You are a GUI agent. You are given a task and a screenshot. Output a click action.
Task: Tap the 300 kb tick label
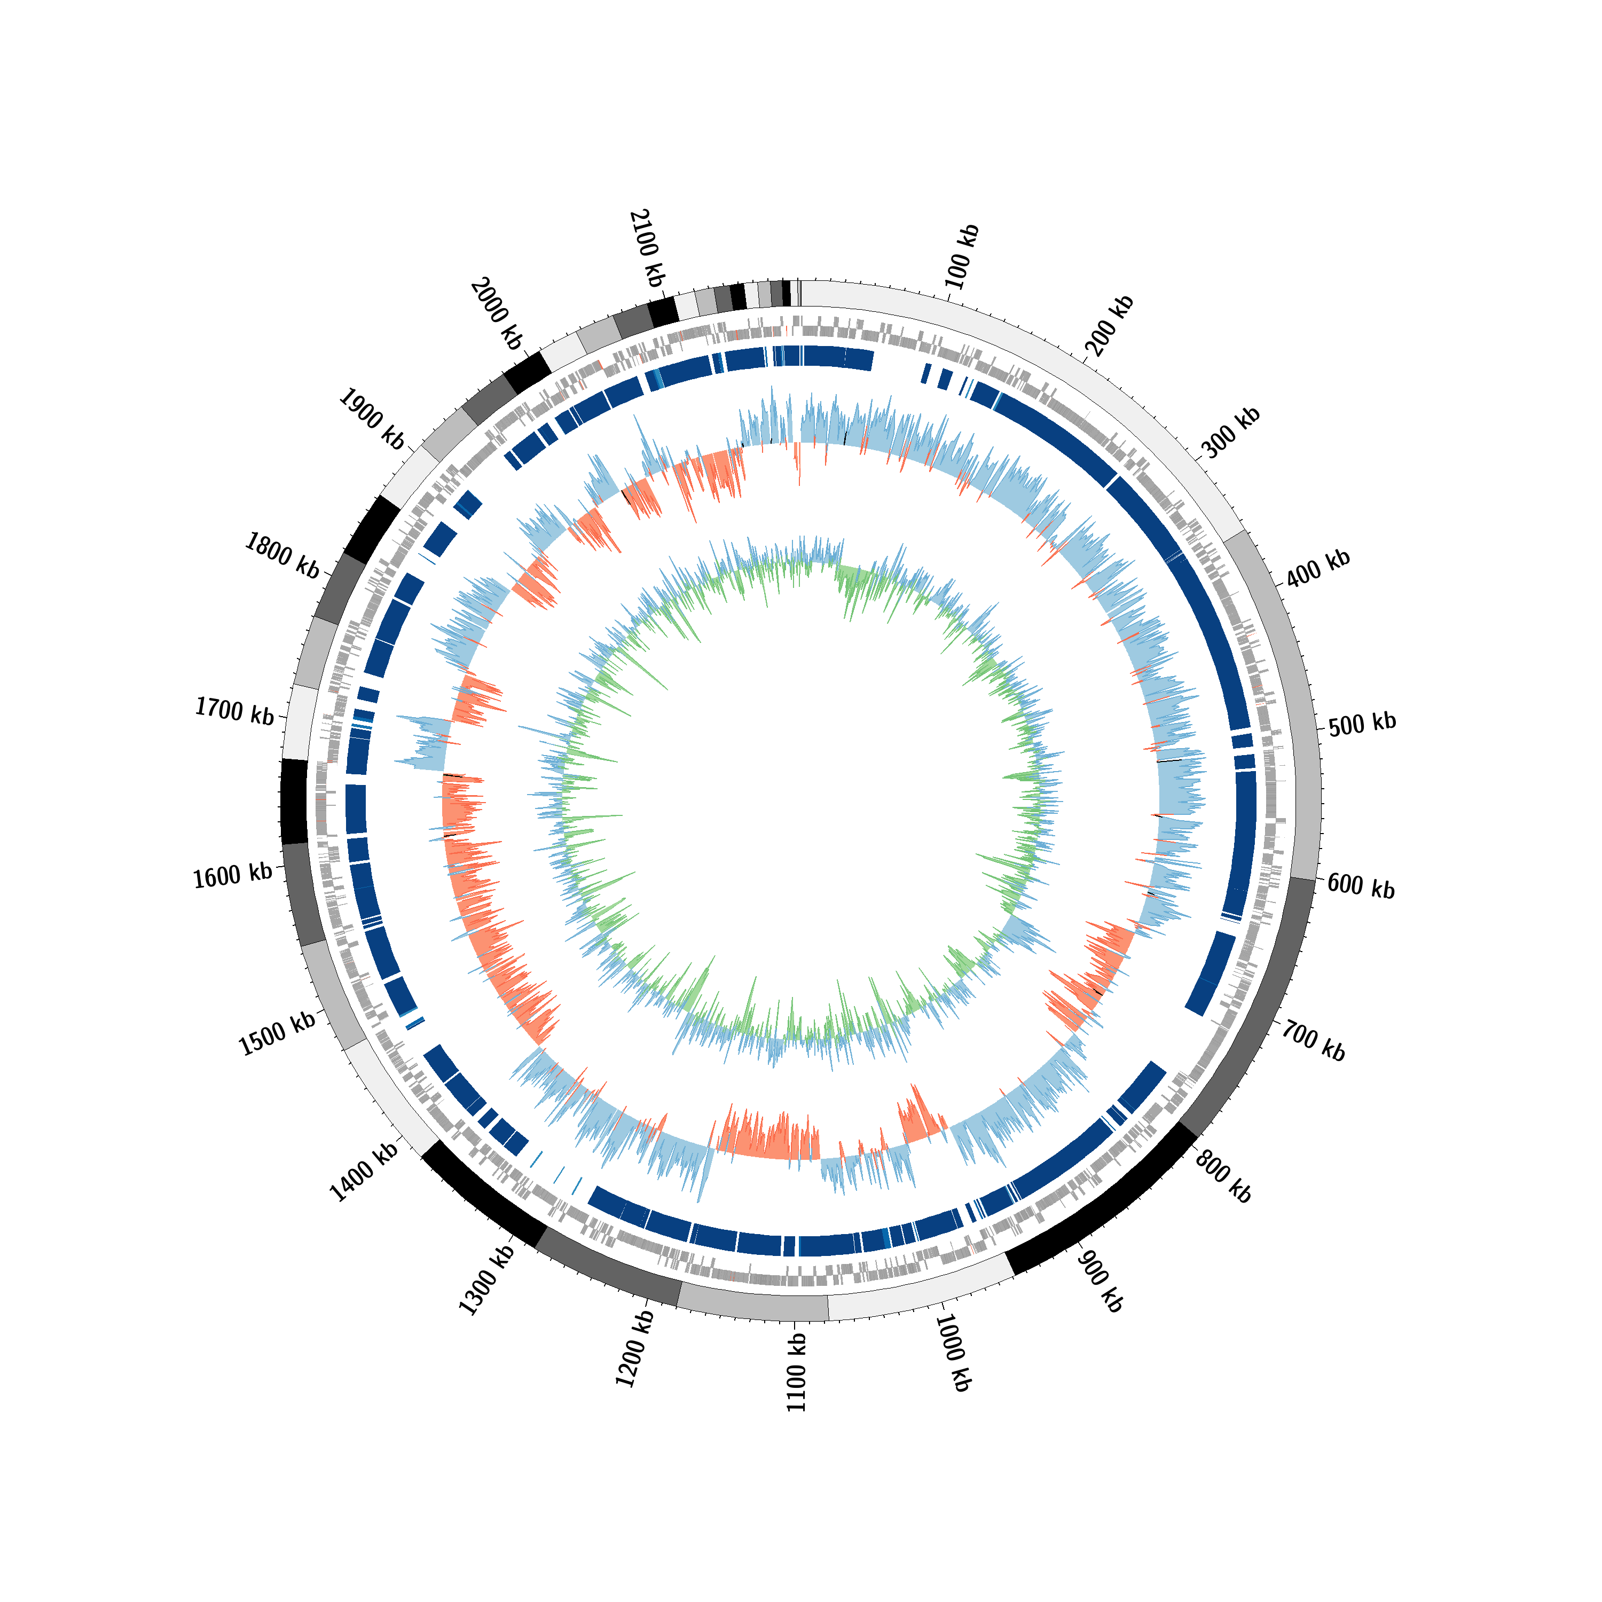tap(1230, 434)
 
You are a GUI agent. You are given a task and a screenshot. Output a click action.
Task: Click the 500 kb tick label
tap(1362, 724)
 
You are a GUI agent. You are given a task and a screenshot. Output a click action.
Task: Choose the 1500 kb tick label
tap(278, 1034)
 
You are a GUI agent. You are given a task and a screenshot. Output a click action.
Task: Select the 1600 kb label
tap(233, 876)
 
